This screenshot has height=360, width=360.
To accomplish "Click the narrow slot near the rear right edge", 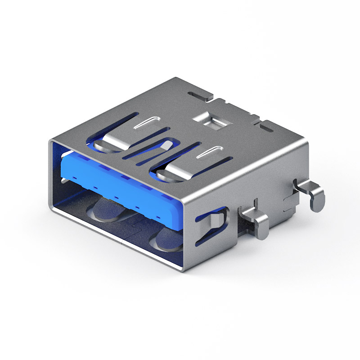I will pos(265,128).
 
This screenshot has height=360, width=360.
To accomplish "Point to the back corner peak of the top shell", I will pos(177,78).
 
